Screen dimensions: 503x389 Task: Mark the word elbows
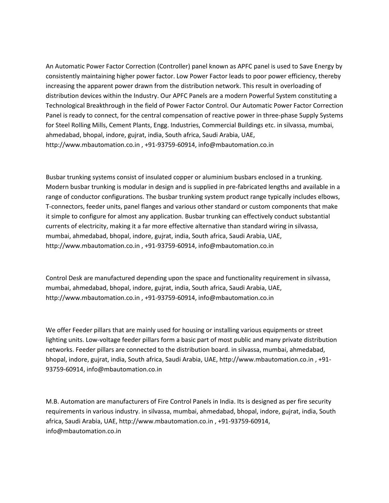pos(330,197)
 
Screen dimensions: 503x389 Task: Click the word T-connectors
pos(65,207)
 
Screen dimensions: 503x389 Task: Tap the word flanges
pos(154,207)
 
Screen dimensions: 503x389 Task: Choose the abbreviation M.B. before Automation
pos(52,402)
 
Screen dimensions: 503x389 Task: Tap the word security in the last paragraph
pos(319,402)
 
